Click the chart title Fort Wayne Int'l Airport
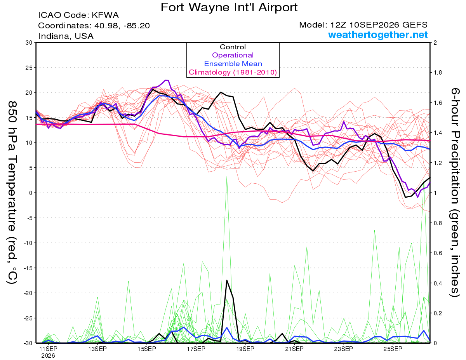[x=229, y=7]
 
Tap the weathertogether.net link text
[x=378, y=35]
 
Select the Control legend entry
[x=233, y=47]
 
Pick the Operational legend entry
[x=233, y=55]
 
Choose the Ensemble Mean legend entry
[x=233, y=64]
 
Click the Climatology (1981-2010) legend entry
[x=233, y=72]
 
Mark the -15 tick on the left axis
[x=28, y=268]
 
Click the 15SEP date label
[x=147, y=349]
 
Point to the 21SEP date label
[x=294, y=349]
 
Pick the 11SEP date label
[x=48, y=349]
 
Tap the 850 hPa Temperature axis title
[x=12, y=193]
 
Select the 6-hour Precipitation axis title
[x=455, y=192]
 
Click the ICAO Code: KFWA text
[x=78, y=15]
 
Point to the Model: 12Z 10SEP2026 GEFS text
[x=363, y=25]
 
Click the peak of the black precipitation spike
[x=227, y=280]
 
